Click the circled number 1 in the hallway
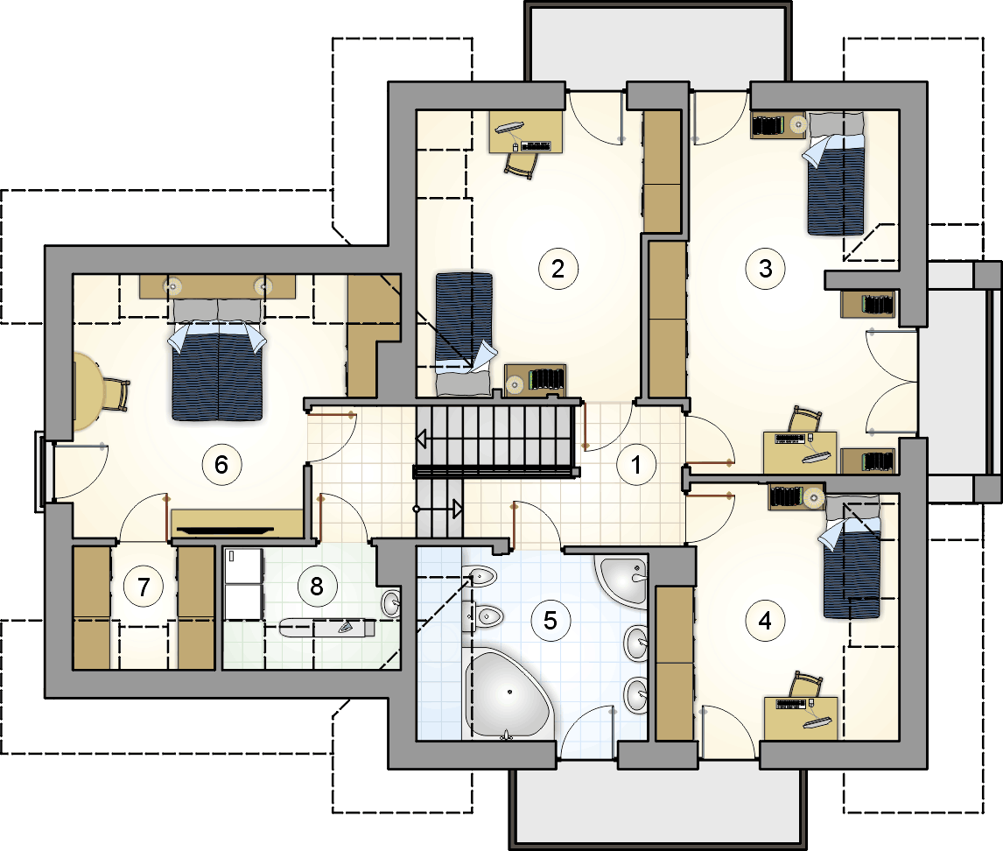click(635, 465)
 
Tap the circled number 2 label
click(558, 269)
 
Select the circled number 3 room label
click(765, 269)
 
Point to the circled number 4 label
click(765, 620)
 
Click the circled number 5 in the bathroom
click(551, 620)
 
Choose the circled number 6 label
click(221, 465)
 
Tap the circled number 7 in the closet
click(144, 587)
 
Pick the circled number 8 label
click(317, 586)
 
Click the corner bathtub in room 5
click(508, 694)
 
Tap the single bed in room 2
click(465, 334)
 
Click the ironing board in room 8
click(327, 628)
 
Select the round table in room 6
click(89, 391)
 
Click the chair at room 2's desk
click(520, 165)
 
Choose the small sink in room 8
click(391, 602)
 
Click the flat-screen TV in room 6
click(225, 531)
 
